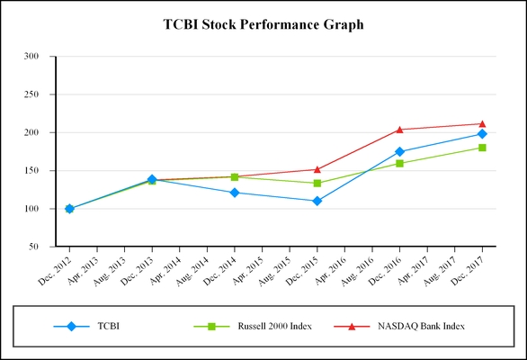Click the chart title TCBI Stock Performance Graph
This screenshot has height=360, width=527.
263,24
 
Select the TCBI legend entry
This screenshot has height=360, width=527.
107,325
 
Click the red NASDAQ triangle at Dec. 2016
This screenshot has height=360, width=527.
400,130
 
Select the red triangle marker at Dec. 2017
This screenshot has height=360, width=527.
483,123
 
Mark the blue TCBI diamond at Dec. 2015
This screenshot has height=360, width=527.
317,201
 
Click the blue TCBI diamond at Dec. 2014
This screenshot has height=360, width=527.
235,193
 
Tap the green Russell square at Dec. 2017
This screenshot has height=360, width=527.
483,148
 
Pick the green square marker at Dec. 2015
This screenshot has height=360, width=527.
317,184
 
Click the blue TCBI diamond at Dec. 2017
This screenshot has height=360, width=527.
483,134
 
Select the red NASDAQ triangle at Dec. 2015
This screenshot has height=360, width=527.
317,169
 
